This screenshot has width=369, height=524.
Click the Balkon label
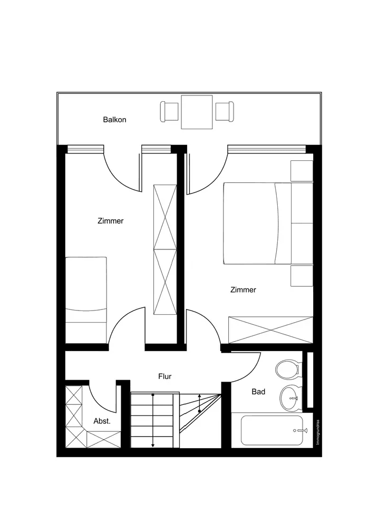[114, 120]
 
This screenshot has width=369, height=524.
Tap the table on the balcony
[197, 112]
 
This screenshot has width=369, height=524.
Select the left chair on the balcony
[170, 111]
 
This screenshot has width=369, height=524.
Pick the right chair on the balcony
[224, 111]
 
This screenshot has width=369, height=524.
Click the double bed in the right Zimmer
[257, 223]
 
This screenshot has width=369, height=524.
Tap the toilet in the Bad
[287, 368]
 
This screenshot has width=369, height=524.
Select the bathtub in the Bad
[272, 430]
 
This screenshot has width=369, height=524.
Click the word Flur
[165, 376]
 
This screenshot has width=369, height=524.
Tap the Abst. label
[102, 421]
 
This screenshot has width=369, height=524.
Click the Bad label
[258, 392]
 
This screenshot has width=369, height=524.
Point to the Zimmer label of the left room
[111, 221]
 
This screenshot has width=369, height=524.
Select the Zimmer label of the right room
[243, 289]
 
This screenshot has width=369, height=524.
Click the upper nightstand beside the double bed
[302, 171]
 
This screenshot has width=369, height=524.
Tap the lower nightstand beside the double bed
[302, 276]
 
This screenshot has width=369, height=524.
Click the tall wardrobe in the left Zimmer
[164, 249]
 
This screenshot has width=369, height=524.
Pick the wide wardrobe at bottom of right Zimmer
[270, 330]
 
